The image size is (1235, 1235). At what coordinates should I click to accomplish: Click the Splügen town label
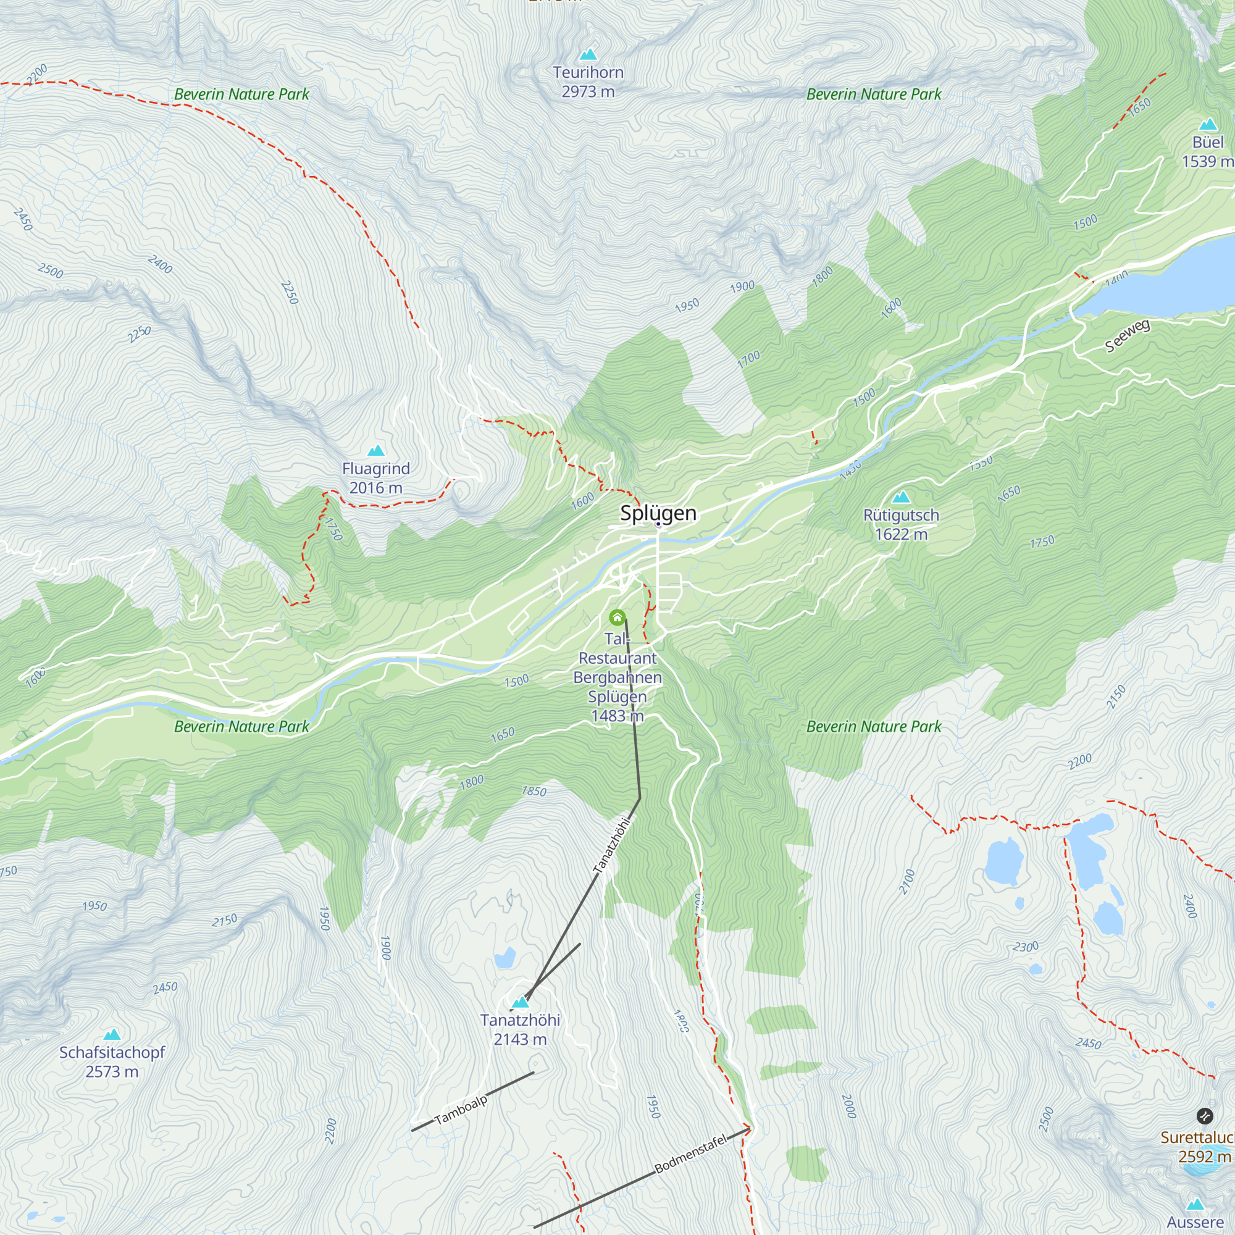(658, 513)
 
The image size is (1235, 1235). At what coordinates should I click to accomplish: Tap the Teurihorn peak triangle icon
(587, 54)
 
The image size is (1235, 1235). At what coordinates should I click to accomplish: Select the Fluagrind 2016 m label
(376, 478)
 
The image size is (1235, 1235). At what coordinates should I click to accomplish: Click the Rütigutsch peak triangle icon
(901, 496)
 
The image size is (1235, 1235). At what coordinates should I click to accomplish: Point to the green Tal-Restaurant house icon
(617, 617)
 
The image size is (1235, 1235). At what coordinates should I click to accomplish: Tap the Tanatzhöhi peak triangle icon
(521, 1002)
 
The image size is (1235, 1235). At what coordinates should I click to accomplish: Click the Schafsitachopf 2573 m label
(112, 1061)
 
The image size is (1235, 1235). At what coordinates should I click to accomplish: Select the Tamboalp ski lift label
(460, 1110)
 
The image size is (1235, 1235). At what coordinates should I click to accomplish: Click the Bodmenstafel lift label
(690, 1155)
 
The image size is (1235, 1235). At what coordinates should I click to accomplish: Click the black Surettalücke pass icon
(1204, 1116)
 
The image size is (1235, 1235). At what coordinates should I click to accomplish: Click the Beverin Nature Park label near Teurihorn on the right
(873, 94)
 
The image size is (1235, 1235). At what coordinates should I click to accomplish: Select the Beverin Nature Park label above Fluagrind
(241, 94)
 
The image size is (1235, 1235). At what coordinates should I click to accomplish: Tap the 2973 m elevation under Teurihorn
(587, 92)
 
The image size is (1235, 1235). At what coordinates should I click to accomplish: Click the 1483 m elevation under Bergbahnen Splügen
(617, 716)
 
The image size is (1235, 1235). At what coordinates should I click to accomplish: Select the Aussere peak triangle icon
(1195, 1204)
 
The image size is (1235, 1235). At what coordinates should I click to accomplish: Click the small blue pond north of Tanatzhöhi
(504, 958)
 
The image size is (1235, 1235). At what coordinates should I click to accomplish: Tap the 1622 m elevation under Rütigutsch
(901, 534)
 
